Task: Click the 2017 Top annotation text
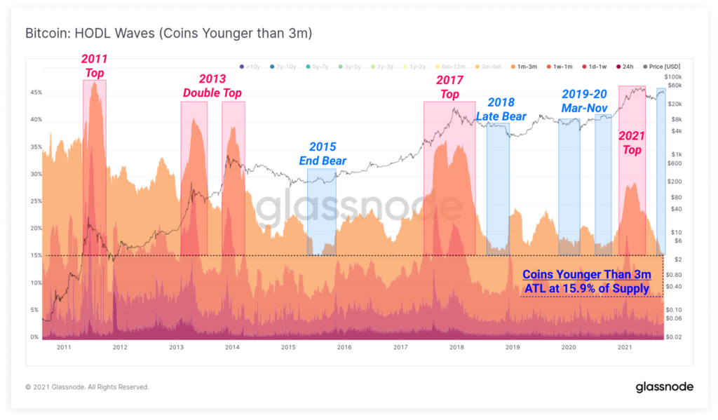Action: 449,88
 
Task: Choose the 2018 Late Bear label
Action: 501,109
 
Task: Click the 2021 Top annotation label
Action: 632,142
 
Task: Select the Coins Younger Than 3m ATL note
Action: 588,281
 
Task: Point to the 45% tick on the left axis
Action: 35,93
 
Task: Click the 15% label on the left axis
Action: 35,255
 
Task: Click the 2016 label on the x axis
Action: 344,347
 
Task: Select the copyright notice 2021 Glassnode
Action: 87,386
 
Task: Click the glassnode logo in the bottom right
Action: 664,386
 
